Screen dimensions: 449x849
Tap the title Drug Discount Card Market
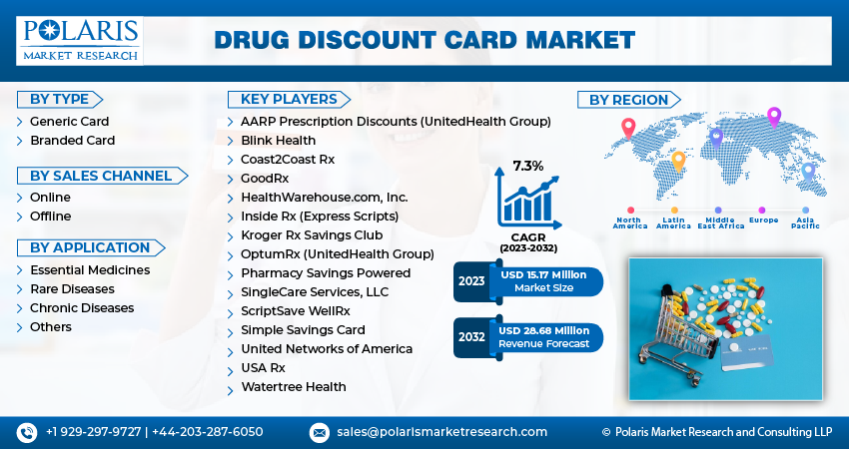[424, 40]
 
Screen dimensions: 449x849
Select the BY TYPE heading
[60, 99]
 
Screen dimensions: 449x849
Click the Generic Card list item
[69, 122]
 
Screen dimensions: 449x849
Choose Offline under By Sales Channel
[50, 217]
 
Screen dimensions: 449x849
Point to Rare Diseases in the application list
[72, 289]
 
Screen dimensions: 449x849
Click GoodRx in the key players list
[265, 178]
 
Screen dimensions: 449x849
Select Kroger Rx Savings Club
[312, 234]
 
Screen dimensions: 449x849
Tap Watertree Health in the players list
[294, 386]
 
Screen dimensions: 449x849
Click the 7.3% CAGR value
[528, 166]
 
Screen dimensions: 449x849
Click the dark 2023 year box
[471, 281]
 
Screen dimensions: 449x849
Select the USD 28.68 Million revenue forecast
[545, 330]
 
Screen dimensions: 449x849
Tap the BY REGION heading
[628, 100]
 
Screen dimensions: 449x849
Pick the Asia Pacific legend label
[805, 223]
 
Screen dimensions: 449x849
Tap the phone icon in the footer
[25, 432]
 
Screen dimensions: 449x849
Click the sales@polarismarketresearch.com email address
[441, 432]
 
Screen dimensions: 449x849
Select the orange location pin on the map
[678, 160]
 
